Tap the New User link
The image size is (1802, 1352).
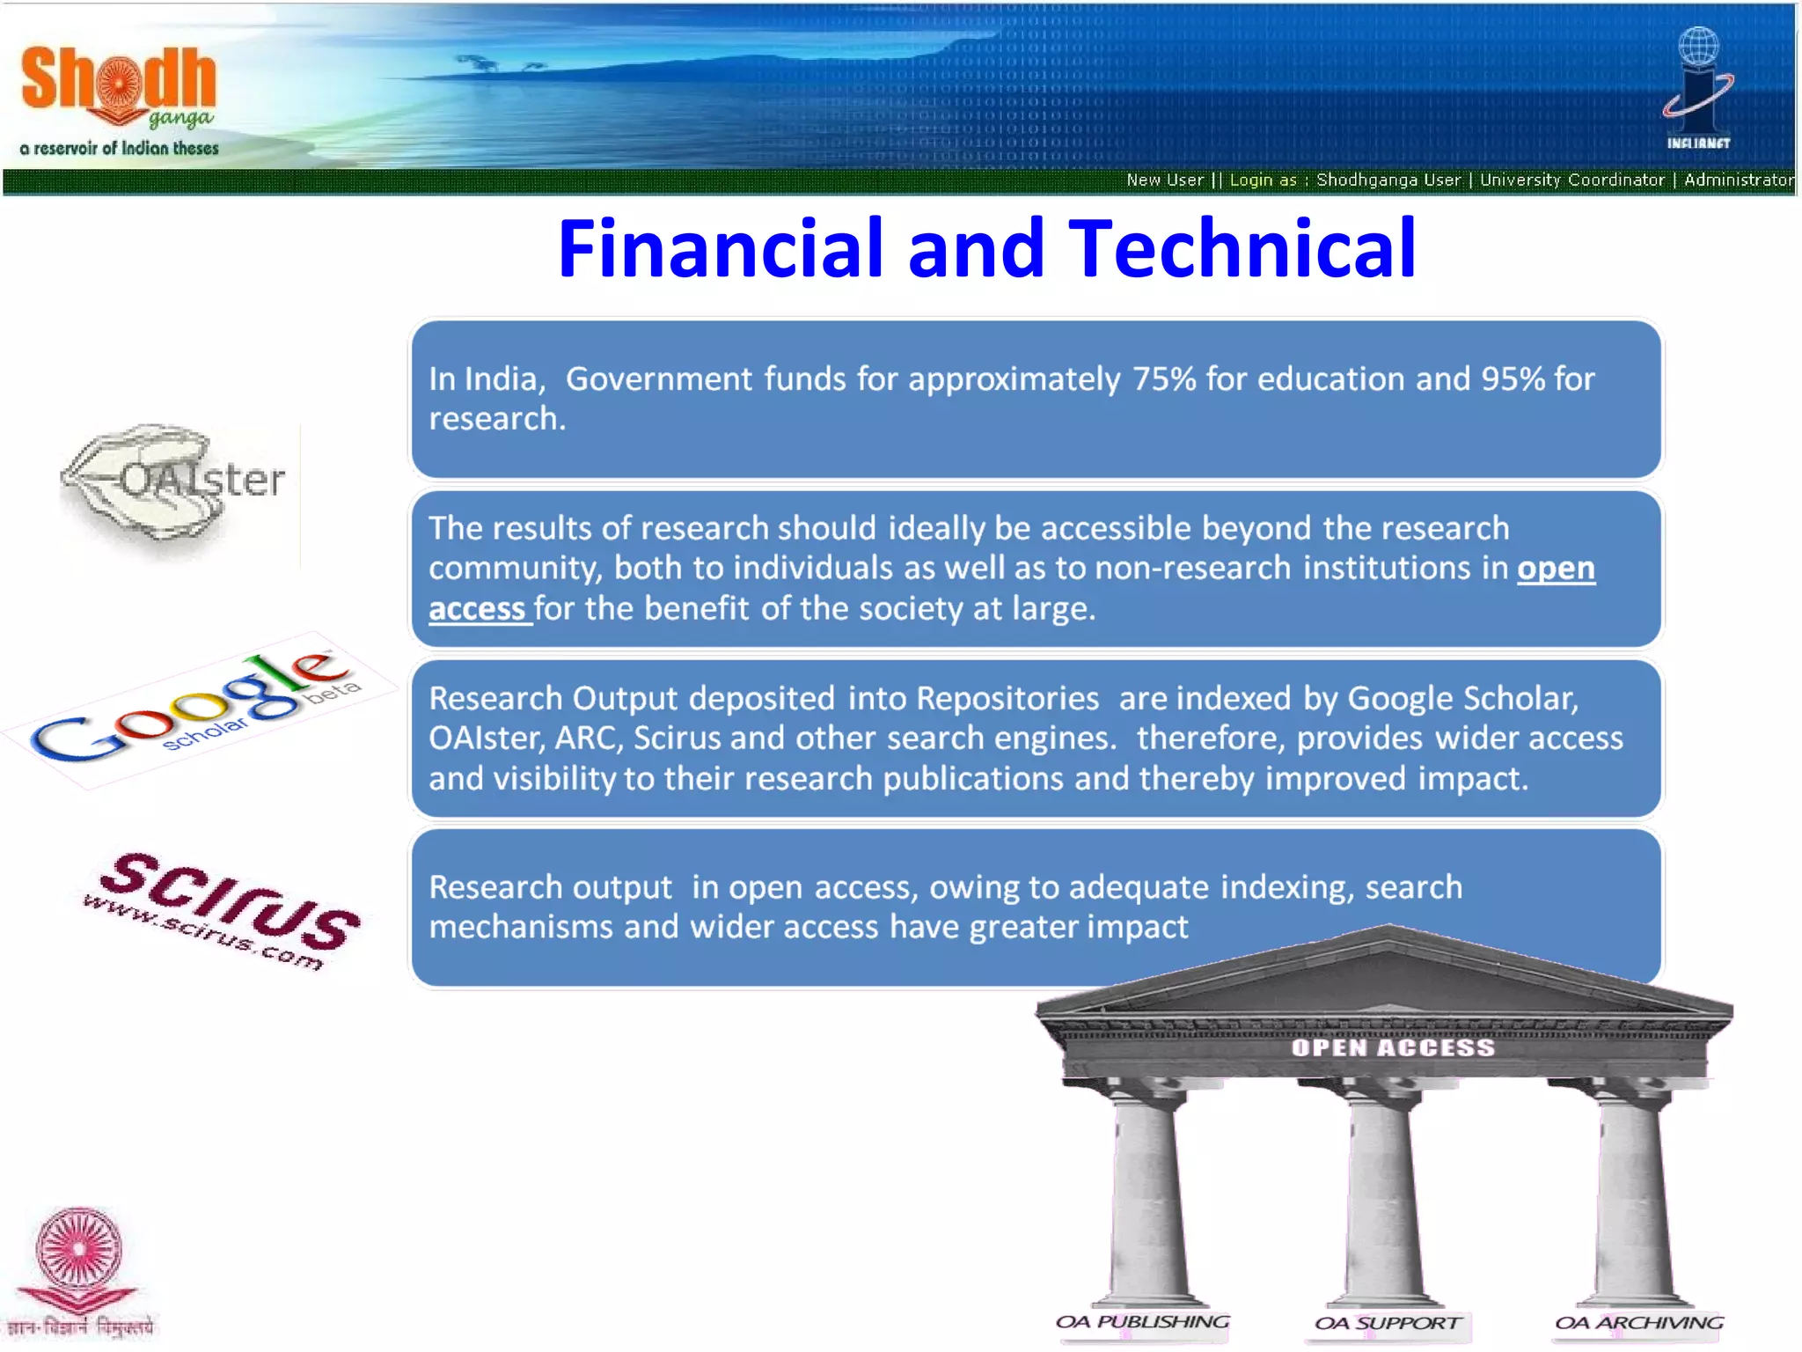(x=1164, y=180)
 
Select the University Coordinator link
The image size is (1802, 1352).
(x=1571, y=180)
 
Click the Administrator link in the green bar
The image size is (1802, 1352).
(x=1738, y=180)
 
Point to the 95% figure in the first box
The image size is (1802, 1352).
(x=1513, y=379)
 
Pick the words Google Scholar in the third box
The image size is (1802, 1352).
(x=1461, y=699)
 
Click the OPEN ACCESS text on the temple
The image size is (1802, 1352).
(x=1393, y=1047)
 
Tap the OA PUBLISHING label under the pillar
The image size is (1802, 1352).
(x=1142, y=1322)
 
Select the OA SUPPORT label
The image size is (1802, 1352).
(x=1388, y=1323)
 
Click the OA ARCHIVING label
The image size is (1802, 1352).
(x=1638, y=1323)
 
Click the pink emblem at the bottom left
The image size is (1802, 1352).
(x=78, y=1259)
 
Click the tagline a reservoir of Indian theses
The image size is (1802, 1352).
(x=119, y=149)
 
